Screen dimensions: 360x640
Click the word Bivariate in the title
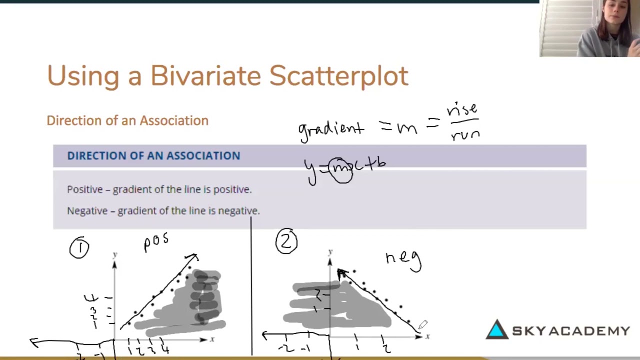click(205, 76)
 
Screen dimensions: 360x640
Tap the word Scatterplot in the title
click(338, 76)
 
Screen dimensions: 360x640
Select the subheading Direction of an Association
click(127, 120)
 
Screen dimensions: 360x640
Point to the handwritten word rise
click(462, 108)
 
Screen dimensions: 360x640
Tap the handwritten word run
click(465, 134)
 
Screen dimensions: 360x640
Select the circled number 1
click(79, 247)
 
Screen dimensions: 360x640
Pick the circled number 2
click(286, 242)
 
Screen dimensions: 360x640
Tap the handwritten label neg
click(403, 259)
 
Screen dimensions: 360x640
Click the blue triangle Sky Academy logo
click(497, 330)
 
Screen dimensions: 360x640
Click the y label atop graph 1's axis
click(114, 255)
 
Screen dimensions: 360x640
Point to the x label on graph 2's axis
click(427, 337)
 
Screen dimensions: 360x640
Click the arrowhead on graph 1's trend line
click(193, 257)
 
